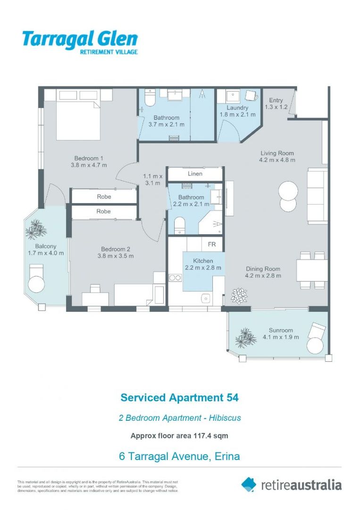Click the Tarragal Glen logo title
[x=80, y=38]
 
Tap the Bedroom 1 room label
[x=89, y=158]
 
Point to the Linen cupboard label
[x=195, y=174]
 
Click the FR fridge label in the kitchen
[x=212, y=245]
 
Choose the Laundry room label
[x=237, y=108]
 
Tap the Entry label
[x=276, y=100]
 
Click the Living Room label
[x=276, y=153]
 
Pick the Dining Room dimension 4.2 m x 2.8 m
[x=263, y=275]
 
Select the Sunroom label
[x=281, y=331]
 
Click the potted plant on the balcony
[x=35, y=230]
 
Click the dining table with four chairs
[x=312, y=271]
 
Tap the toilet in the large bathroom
[x=149, y=99]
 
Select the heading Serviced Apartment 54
[x=179, y=398]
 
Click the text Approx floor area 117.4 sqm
[x=179, y=436]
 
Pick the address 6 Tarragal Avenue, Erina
[x=179, y=456]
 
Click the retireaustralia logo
[x=291, y=484]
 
